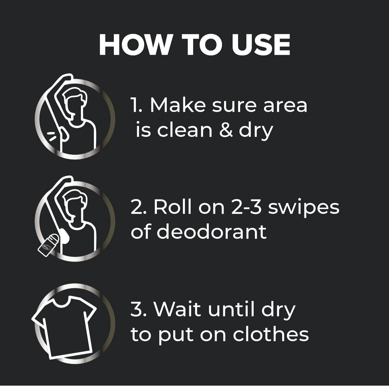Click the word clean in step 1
(185, 130)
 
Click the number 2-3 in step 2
(246, 207)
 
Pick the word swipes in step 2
(304, 209)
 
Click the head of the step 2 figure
(73, 205)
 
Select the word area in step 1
(285, 106)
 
